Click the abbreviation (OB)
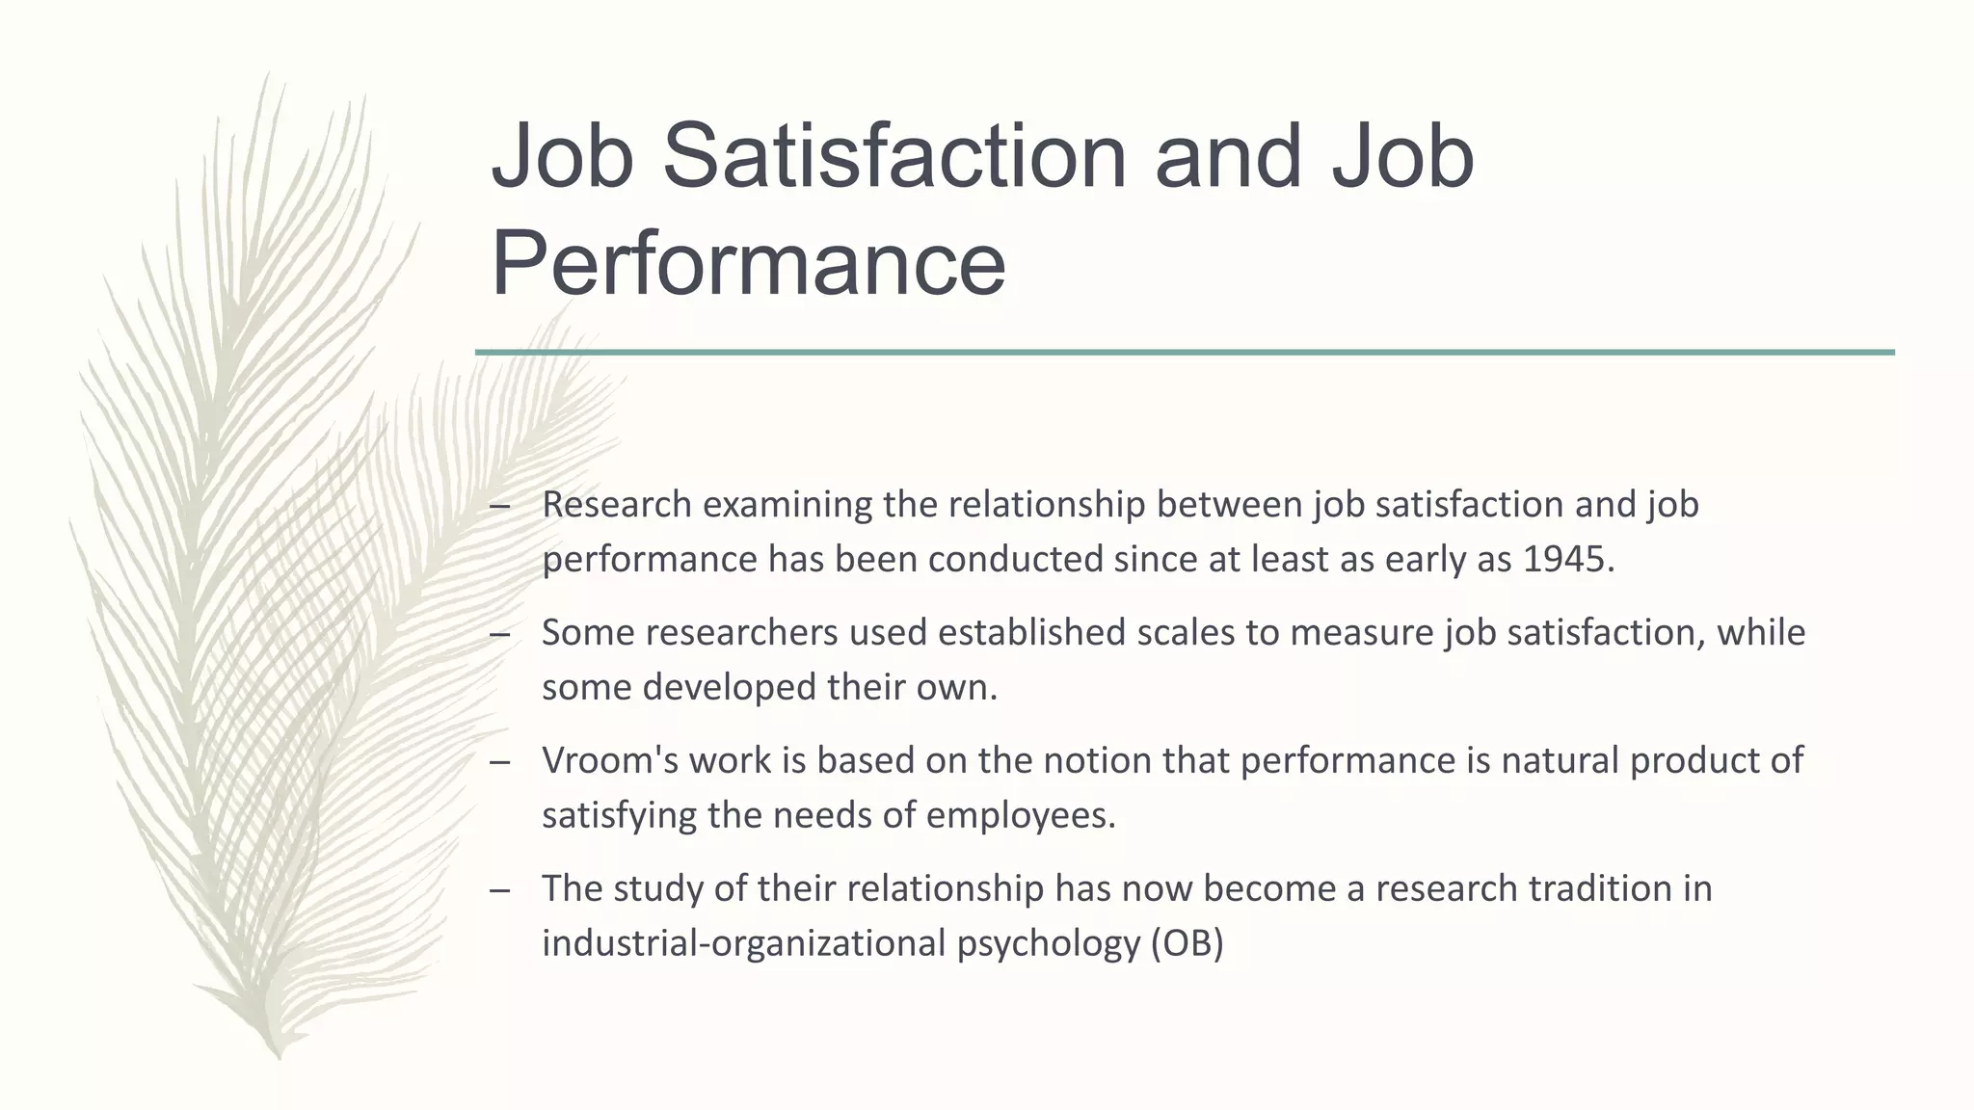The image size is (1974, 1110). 1187,942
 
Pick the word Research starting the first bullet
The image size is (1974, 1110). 617,504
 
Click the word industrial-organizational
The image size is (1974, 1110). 743,942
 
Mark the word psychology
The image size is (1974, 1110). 1049,944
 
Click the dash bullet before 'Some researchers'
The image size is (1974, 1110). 499,634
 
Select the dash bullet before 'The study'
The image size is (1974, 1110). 499,889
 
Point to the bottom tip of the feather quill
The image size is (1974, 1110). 278,1056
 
